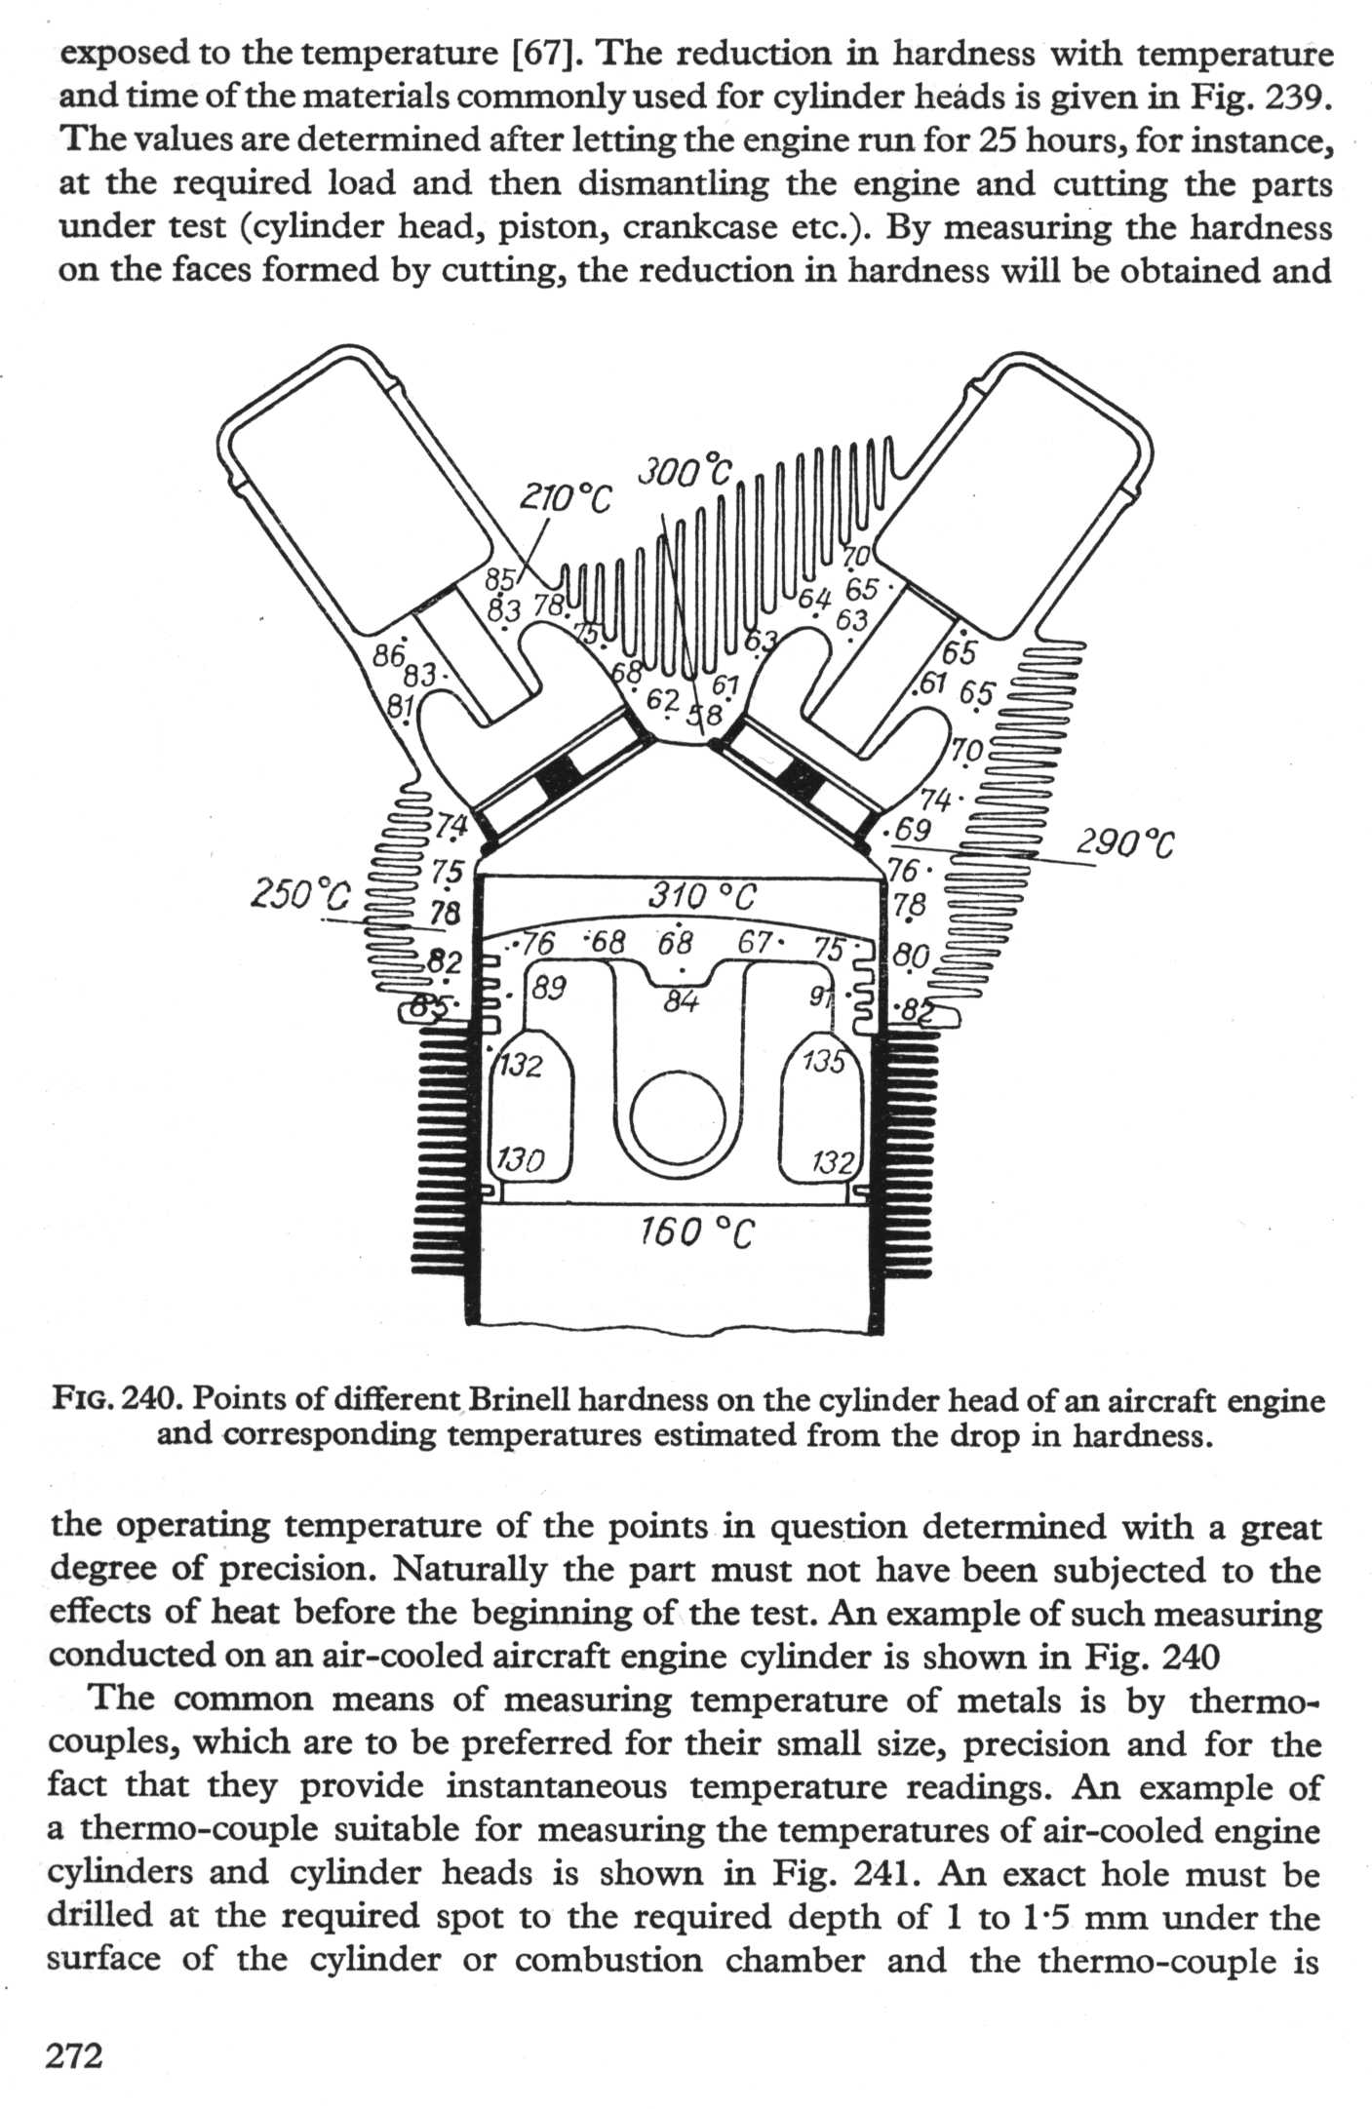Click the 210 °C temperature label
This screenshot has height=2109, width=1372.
(x=565, y=499)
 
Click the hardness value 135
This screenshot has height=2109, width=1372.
(x=824, y=1060)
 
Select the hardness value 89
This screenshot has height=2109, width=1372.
(x=549, y=988)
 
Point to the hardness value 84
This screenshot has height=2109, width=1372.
(x=681, y=1000)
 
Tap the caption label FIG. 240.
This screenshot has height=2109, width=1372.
(x=119, y=1401)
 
